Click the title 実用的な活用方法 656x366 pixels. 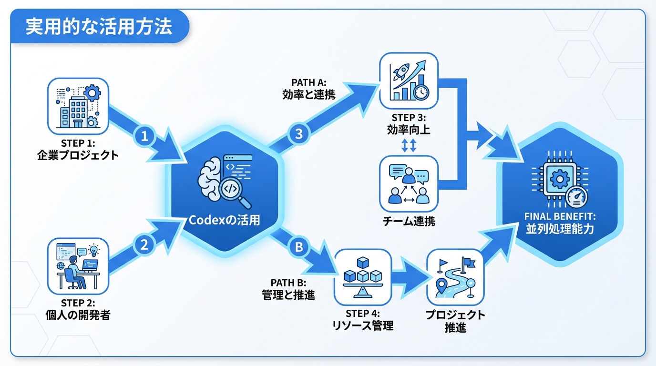(98, 26)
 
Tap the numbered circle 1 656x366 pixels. (145, 136)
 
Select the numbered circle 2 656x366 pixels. (144, 244)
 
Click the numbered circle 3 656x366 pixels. (299, 134)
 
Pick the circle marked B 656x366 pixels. (299, 247)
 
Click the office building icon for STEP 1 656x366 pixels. (78, 107)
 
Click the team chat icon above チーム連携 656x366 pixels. (409, 183)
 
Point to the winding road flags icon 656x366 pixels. (455, 277)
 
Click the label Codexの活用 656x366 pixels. (225, 221)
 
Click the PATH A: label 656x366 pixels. (309, 82)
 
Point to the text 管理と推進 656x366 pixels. (288, 295)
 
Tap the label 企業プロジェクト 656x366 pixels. (78, 155)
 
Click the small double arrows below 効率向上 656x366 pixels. (409, 145)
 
